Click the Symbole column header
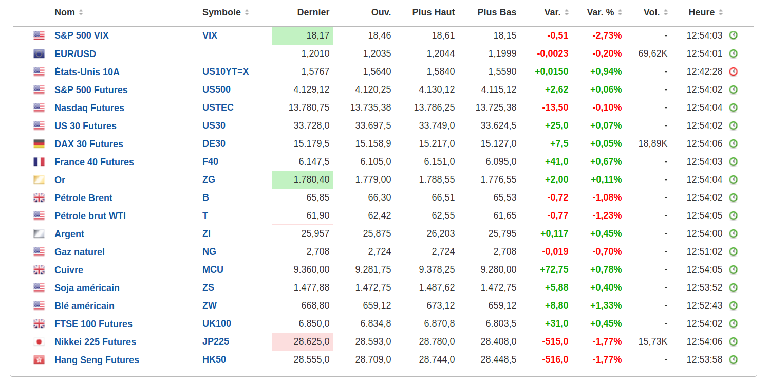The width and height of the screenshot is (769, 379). click(x=221, y=12)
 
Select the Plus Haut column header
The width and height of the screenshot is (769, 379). click(x=433, y=12)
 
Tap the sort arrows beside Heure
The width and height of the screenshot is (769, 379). click(x=721, y=12)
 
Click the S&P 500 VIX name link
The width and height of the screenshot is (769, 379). click(x=81, y=35)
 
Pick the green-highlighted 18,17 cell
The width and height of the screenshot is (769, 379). click(x=303, y=36)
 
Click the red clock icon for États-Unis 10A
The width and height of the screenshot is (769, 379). click(x=734, y=71)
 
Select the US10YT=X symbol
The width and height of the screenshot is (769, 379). click(x=226, y=71)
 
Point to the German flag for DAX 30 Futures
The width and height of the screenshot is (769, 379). click(x=39, y=143)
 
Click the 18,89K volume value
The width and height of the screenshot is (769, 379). click(x=652, y=143)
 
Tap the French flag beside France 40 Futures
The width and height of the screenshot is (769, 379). click(x=39, y=161)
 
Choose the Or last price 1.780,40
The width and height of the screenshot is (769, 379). click(x=303, y=180)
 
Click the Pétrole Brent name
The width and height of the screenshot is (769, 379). click(x=83, y=197)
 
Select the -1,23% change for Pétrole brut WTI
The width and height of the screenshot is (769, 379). click(x=607, y=215)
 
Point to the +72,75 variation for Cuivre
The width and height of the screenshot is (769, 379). click(x=554, y=269)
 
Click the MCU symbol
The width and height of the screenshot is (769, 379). click(x=213, y=269)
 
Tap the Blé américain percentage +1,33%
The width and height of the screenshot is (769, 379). click(x=606, y=305)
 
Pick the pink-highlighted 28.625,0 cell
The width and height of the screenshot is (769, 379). click(x=303, y=342)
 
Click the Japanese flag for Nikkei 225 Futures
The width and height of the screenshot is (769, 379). click(x=39, y=342)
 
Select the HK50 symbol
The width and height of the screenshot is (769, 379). click(x=214, y=359)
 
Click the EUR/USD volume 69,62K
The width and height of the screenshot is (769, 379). click(x=652, y=53)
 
